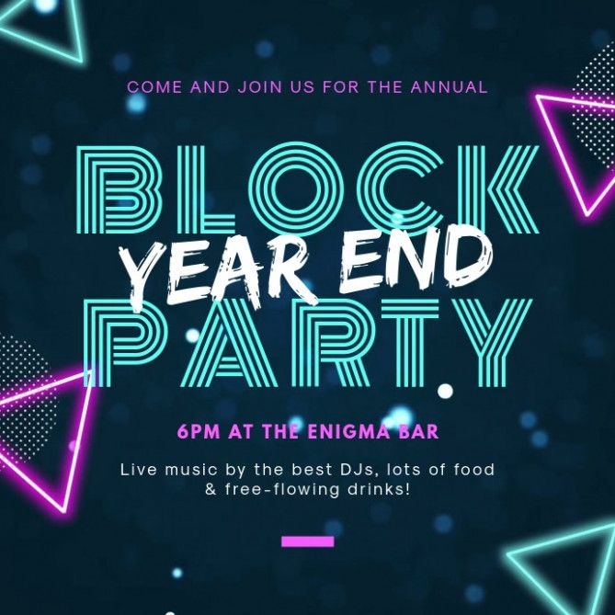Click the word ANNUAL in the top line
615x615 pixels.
(x=450, y=86)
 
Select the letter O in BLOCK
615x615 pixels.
(x=294, y=190)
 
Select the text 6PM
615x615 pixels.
(x=199, y=431)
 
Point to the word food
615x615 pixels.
(x=474, y=469)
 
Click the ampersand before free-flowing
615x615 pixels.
(x=211, y=490)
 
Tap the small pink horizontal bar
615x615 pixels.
(x=307, y=541)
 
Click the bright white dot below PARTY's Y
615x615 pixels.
(x=445, y=391)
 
